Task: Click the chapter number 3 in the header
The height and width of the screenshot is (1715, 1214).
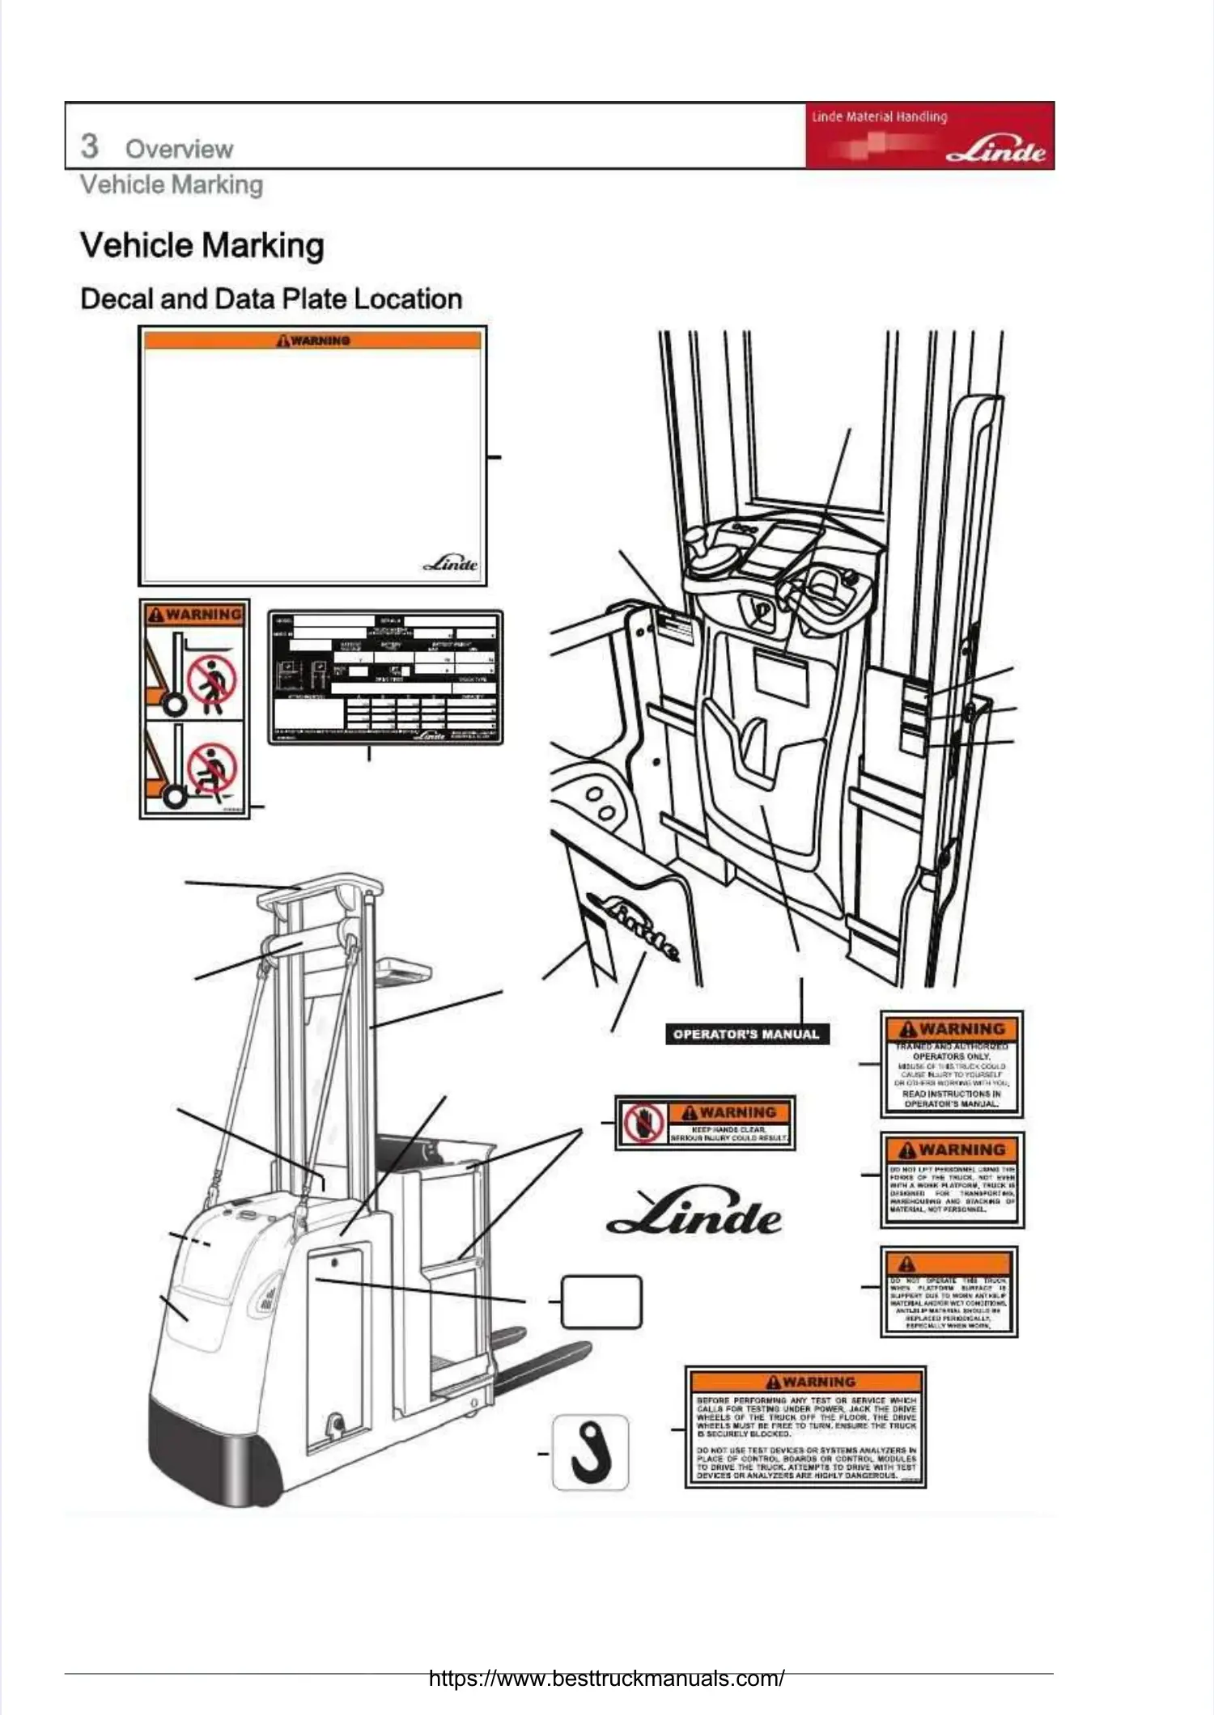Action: pyautogui.click(x=89, y=146)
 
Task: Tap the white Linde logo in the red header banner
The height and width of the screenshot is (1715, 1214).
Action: pyautogui.click(x=995, y=151)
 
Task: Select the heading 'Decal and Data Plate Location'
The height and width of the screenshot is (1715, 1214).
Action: pyautogui.click(x=271, y=299)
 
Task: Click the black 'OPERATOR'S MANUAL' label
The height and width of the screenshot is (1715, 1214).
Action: pyautogui.click(x=746, y=1034)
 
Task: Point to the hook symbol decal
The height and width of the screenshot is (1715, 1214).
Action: pyautogui.click(x=590, y=1452)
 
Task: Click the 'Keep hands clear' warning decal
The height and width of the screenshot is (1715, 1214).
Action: pyautogui.click(x=705, y=1122)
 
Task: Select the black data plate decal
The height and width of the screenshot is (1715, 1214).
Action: pyautogui.click(x=385, y=678)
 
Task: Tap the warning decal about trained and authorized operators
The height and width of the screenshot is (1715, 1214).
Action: pyautogui.click(x=951, y=1065)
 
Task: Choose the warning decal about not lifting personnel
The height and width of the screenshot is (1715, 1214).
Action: pyautogui.click(x=952, y=1180)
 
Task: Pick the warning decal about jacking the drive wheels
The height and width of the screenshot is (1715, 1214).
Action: pyautogui.click(x=805, y=1428)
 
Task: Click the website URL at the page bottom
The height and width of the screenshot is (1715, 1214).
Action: pyautogui.click(x=606, y=1678)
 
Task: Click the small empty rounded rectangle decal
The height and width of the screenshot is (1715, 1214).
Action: pyautogui.click(x=601, y=1302)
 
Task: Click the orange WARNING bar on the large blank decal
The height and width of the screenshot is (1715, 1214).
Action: pyautogui.click(x=312, y=341)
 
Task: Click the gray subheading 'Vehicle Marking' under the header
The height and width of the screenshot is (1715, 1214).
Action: pyautogui.click(x=172, y=184)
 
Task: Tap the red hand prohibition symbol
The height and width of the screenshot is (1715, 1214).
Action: pyautogui.click(x=643, y=1122)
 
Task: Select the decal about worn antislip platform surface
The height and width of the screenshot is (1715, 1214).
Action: pyautogui.click(x=949, y=1292)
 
